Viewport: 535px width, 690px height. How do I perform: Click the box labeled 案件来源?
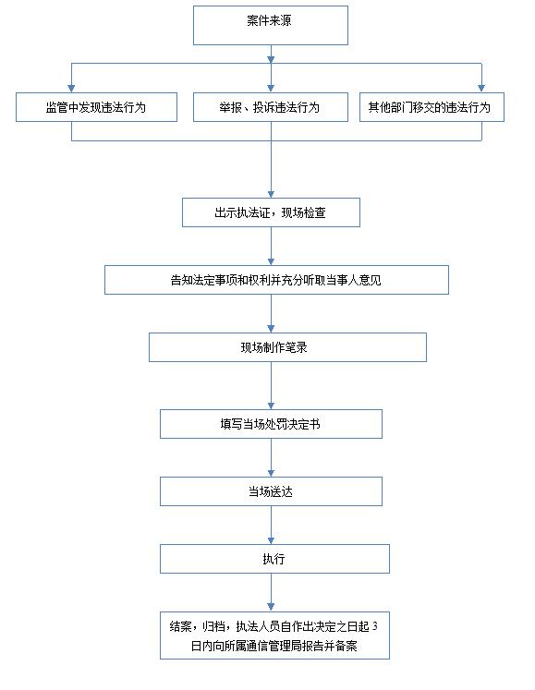(271, 25)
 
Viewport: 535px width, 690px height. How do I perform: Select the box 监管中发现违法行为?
(96, 107)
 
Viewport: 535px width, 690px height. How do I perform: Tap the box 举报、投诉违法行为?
(271, 107)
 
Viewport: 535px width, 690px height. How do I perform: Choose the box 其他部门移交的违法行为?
(432, 107)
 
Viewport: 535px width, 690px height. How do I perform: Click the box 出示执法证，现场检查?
(271, 212)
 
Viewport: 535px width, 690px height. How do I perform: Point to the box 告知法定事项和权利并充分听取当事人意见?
(276, 280)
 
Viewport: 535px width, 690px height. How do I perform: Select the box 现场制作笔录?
(287, 347)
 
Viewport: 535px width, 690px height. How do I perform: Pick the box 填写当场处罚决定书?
(271, 424)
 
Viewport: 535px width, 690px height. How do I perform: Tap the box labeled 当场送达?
(271, 491)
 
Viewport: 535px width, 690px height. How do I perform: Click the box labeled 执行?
(274, 559)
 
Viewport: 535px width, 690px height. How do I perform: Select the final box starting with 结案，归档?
(274, 635)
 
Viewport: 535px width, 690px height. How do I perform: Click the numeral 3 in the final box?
(375, 626)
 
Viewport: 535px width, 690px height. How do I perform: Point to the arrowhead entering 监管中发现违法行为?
(71, 89)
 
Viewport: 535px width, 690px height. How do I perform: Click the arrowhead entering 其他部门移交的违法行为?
(481, 89)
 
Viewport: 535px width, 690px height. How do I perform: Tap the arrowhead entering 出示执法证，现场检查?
(271, 195)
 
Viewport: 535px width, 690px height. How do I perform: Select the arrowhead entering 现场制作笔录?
(271, 329)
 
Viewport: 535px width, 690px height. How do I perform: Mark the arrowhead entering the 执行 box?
(271, 540)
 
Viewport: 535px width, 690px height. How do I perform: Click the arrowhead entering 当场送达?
(271, 473)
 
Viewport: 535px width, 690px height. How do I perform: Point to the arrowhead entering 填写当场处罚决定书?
(271, 406)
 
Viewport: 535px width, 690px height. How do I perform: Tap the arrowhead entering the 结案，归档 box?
(271, 607)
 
